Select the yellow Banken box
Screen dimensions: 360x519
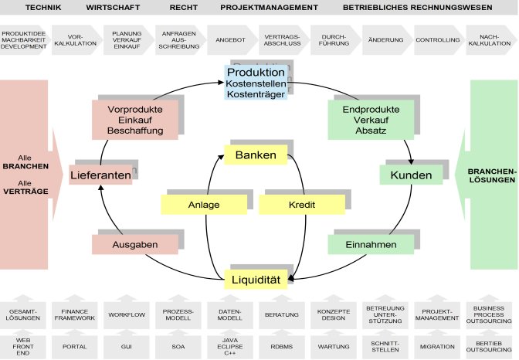255,155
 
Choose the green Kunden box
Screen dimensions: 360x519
410,175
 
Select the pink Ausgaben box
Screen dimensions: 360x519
124,245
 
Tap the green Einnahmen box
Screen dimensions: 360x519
361,245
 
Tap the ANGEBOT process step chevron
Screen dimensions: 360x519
229,39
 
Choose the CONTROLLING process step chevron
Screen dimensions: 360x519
436,39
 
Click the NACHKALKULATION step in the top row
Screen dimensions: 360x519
490,39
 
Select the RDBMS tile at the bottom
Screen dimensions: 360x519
281,346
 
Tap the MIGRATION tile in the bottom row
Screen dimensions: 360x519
436,346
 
